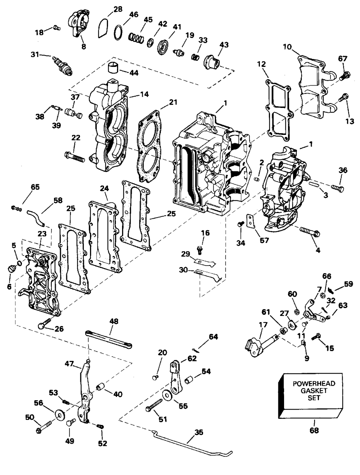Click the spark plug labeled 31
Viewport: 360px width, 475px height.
coord(62,65)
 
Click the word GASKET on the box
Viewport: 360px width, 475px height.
coord(314,391)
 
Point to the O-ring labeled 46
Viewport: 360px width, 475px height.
coord(118,32)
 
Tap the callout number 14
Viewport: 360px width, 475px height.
coord(144,94)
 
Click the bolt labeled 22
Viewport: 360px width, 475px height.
coord(75,157)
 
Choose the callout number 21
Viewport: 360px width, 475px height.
coord(172,102)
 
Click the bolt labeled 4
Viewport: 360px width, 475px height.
coord(310,232)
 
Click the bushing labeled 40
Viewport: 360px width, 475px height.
coord(101,386)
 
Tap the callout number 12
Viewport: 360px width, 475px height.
coord(261,64)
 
